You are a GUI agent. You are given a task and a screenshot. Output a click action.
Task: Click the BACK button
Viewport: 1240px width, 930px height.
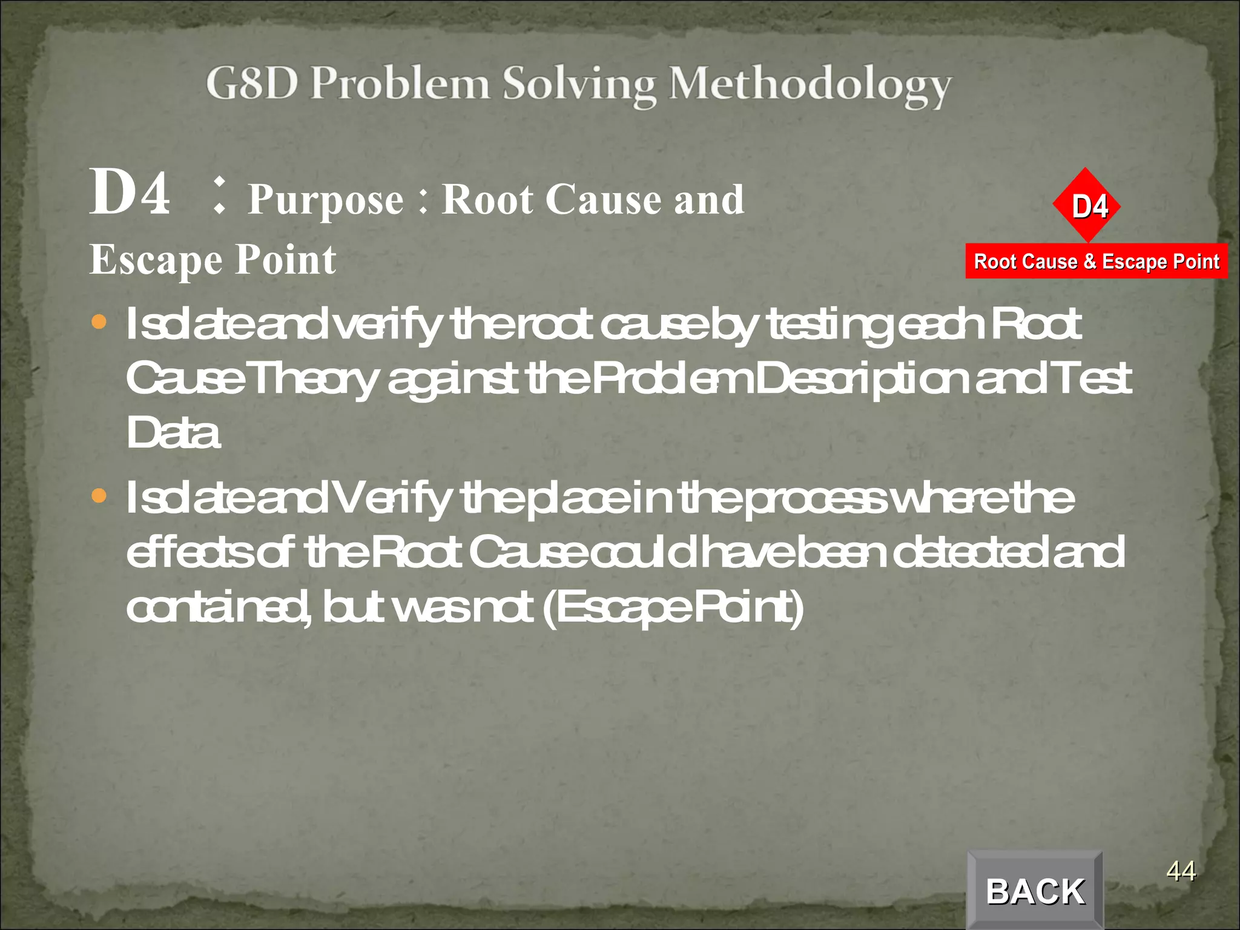[x=1035, y=891]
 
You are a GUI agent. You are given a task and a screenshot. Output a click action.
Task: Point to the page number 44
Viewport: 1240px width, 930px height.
[x=1181, y=871]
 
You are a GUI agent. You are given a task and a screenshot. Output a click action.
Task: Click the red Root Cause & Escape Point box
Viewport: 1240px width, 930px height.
[x=1096, y=262]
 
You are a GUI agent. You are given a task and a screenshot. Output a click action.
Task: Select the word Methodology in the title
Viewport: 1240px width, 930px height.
[x=810, y=85]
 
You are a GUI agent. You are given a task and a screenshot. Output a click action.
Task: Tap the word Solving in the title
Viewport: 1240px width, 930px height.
[x=579, y=85]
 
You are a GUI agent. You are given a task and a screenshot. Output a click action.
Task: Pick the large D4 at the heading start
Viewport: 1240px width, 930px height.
[x=130, y=193]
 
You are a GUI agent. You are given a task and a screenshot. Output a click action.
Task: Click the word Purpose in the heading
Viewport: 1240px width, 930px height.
[x=326, y=200]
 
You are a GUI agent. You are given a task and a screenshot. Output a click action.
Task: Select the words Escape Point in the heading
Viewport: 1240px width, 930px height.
[x=213, y=260]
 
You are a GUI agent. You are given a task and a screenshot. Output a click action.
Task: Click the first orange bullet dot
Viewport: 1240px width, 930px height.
[x=99, y=322]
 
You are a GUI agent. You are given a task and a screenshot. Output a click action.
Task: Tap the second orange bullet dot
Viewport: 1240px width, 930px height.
[x=99, y=496]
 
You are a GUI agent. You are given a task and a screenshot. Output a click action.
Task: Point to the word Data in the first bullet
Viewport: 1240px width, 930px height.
[x=173, y=432]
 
